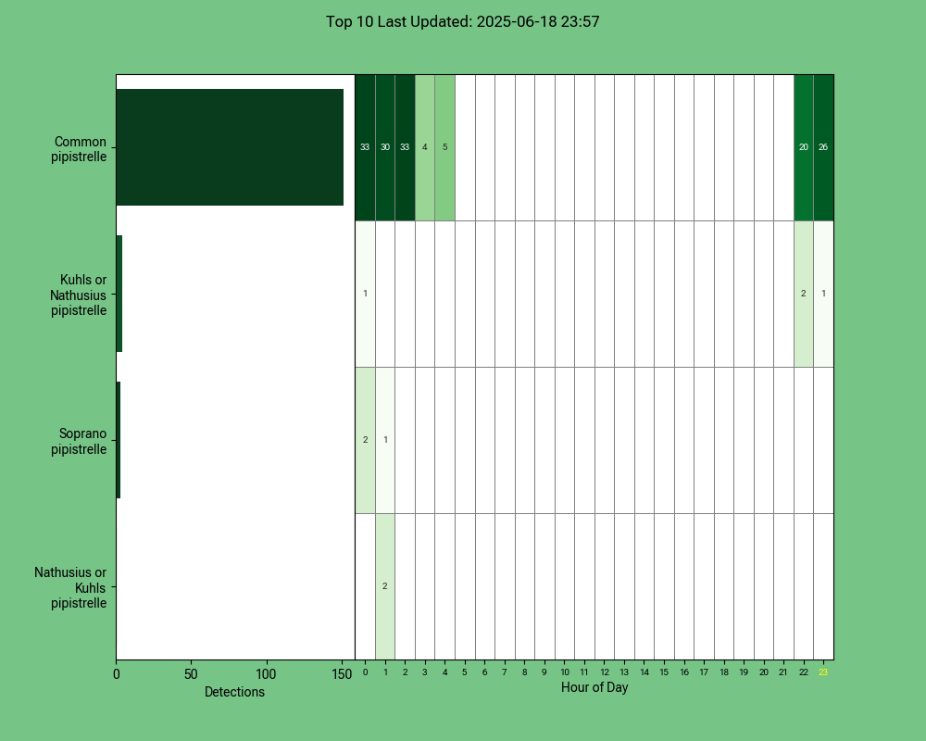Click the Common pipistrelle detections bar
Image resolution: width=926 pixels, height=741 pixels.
230,147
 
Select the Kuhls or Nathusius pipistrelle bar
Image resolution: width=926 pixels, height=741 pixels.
119,294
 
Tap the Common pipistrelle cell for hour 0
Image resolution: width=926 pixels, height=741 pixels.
365,147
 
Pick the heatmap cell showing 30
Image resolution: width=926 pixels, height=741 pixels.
385,147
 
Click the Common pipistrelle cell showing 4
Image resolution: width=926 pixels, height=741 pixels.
425,147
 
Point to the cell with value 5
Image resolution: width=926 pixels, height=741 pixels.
444,147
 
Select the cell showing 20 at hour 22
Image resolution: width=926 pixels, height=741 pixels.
804,147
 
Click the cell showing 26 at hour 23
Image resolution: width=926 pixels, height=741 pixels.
824,147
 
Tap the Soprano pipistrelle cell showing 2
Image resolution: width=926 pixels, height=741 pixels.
365,440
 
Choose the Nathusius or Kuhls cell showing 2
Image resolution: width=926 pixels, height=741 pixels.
385,586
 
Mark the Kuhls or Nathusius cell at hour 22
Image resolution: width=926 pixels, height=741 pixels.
804,294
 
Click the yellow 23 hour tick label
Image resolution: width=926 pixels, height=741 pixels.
823,672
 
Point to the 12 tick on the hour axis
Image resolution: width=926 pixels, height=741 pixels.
604,672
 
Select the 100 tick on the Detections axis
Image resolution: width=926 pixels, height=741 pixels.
266,674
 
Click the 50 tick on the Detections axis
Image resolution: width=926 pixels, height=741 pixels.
191,674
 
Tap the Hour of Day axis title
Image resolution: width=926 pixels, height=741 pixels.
594,687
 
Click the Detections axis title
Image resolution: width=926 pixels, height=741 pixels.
234,692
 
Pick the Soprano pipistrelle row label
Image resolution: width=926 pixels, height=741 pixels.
79,442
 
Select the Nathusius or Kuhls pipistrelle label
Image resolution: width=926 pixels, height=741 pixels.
70,587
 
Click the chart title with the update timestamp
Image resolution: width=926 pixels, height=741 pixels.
462,22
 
